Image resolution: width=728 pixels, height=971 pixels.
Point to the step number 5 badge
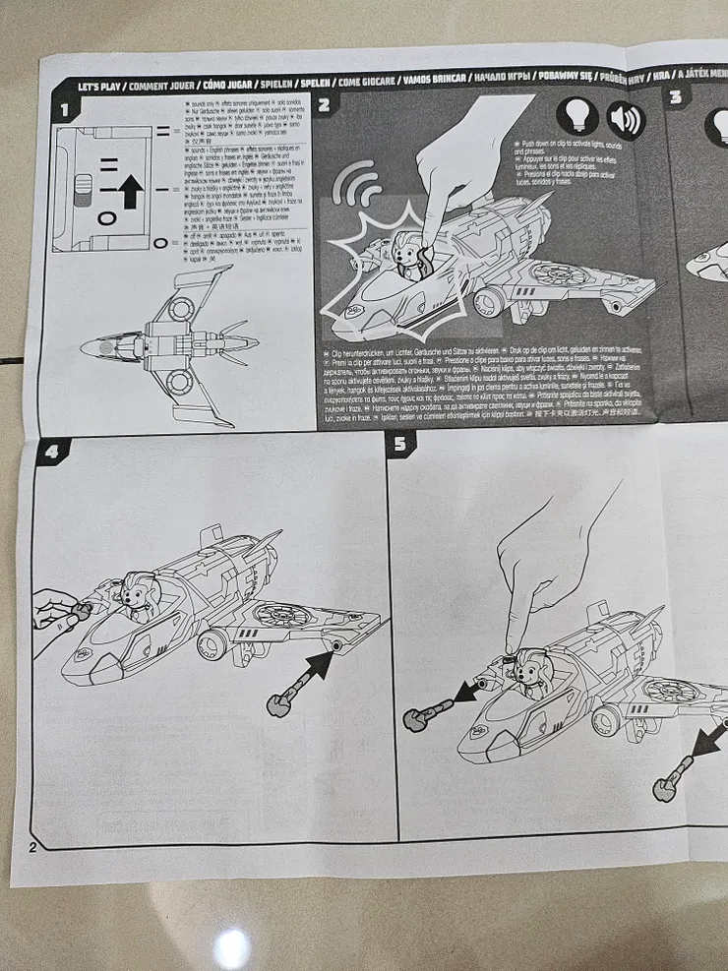pyautogui.click(x=400, y=445)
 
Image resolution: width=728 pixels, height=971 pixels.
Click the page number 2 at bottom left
pyautogui.click(x=32, y=847)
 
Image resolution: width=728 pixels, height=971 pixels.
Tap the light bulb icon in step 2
pyautogui.click(x=576, y=118)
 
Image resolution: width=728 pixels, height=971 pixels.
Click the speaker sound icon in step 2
pyautogui.click(x=625, y=120)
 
